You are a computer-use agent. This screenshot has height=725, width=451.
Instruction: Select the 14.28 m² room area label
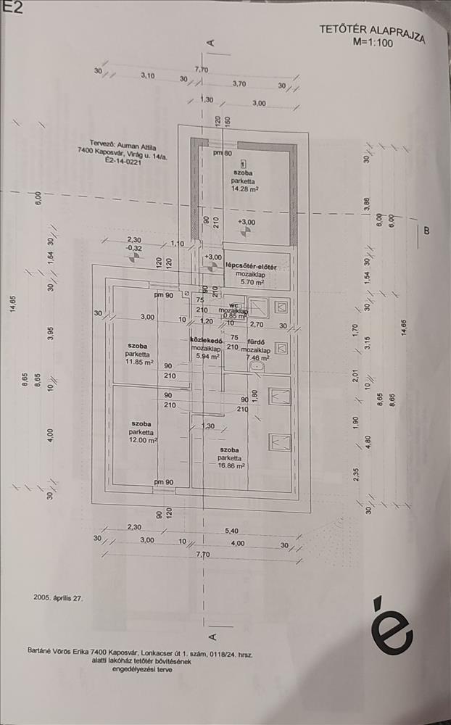point(246,188)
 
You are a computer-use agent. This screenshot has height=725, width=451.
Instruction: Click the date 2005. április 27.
point(59,599)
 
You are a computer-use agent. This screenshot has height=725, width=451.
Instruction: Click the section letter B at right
point(426,231)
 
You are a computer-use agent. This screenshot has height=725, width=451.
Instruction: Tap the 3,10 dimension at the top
point(148,75)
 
